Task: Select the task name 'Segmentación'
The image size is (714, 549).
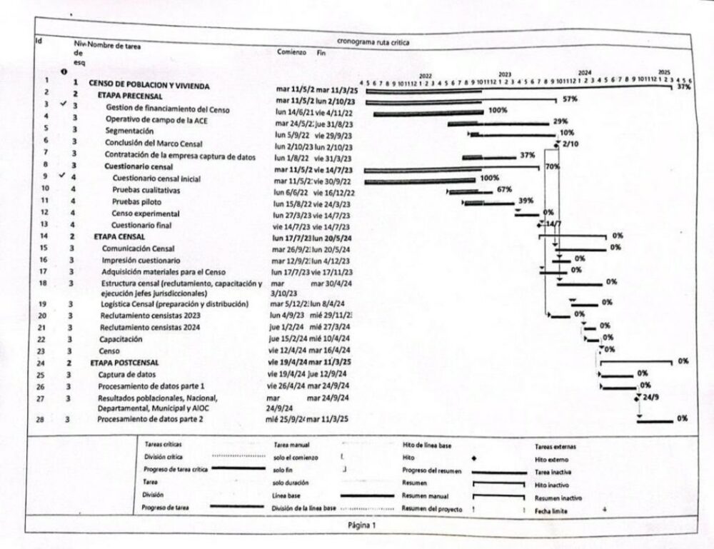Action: [x=129, y=131]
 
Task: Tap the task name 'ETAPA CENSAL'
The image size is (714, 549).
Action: [x=119, y=236]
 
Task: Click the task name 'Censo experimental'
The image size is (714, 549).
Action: [x=146, y=213]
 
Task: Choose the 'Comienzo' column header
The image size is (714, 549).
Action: [x=291, y=53]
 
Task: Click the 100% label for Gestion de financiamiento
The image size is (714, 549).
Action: [x=498, y=111]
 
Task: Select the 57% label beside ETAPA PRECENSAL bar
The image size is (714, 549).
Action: [x=569, y=99]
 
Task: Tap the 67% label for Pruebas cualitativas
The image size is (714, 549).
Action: [x=504, y=190]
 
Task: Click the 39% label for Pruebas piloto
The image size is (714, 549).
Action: [x=526, y=201]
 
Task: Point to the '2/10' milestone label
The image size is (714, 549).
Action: [x=570, y=144]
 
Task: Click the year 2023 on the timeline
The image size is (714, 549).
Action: [x=505, y=74]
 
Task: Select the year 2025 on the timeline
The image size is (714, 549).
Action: [x=664, y=73]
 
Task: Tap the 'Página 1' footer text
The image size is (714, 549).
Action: [x=361, y=525]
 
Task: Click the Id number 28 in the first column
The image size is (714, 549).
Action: [x=44, y=420]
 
